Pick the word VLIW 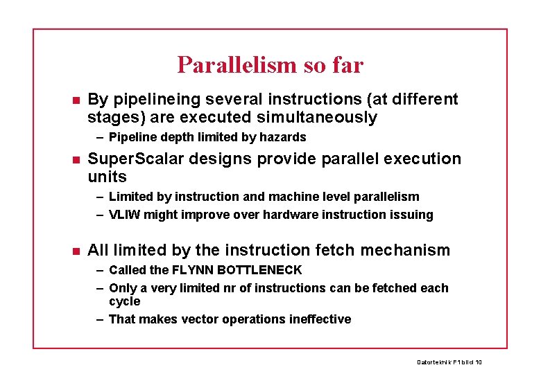[x=125, y=215]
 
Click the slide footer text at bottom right [x=449, y=362]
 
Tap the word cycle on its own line [x=124, y=301]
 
